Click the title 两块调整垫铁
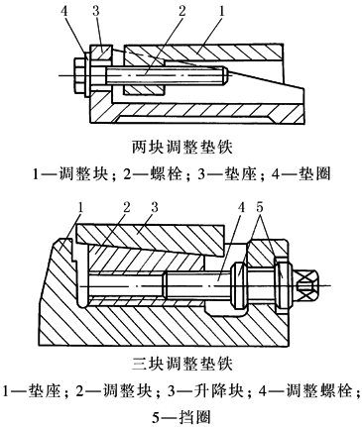(182, 148)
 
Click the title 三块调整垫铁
(182, 364)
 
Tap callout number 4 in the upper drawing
(64, 12)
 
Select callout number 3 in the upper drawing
(96, 12)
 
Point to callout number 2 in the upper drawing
(182, 12)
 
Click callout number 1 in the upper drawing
(221, 12)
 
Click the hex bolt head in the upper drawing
(80, 76)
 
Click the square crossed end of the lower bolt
(306, 285)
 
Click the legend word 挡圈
(195, 418)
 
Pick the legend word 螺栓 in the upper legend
(168, 173)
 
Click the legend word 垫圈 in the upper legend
(314, 173)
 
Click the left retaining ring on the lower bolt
(240, 284)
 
